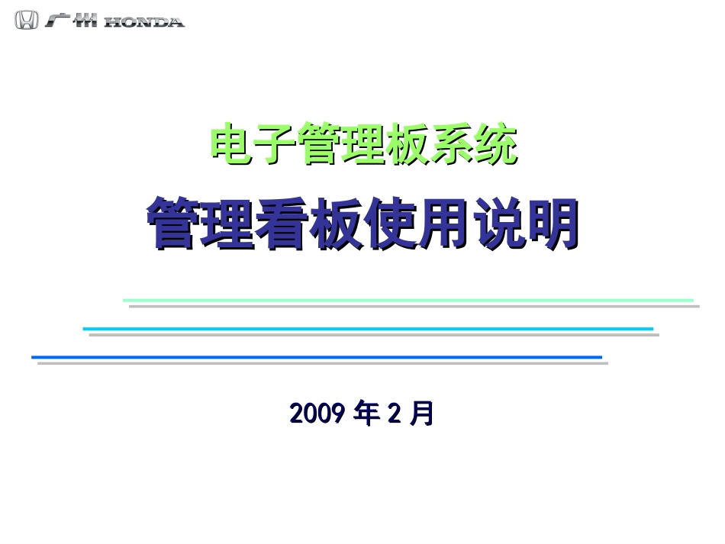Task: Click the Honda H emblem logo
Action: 26,21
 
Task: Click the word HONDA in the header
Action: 144,22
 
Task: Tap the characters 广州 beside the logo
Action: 71,21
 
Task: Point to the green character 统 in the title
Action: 496,144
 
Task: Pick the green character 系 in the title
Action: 453,144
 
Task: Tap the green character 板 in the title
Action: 408,144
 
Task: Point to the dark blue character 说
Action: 499,224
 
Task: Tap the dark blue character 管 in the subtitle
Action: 175,224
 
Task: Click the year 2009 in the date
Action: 319,414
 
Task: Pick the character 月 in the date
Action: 422,414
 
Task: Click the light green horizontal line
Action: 408,300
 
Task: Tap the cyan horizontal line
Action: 367,329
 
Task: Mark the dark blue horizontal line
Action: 316,357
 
